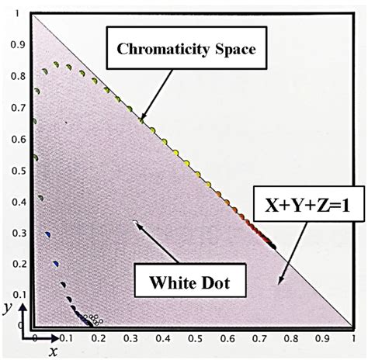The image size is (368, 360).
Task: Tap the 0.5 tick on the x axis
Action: (x=193, y=339)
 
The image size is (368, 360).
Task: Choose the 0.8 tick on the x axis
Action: (x=289, y=339)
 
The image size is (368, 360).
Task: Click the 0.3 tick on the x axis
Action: (x=130, y=339)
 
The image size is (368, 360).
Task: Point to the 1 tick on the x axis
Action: (x=352, y=339)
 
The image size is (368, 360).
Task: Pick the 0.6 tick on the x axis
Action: (x=225, y=339)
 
